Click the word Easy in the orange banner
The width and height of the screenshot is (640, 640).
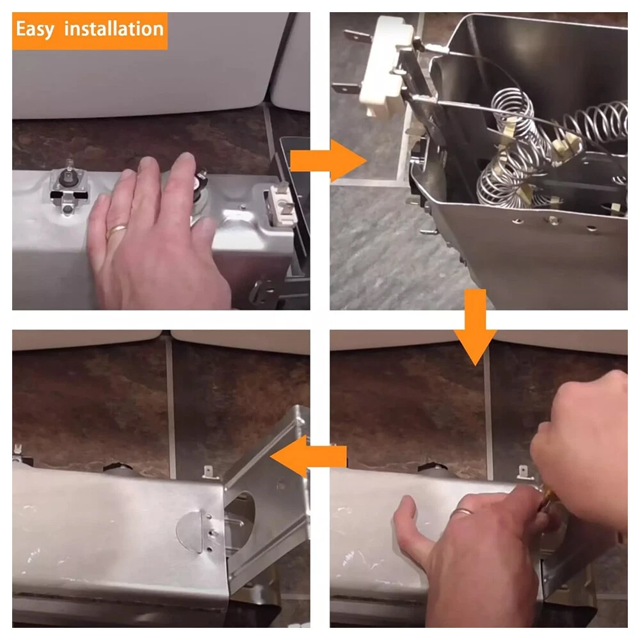tap(35, 30)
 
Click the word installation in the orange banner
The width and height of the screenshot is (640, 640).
tap(114, 29)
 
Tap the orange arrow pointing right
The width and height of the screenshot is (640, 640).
tap(328, 161)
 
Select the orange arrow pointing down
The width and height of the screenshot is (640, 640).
tap(475, 327)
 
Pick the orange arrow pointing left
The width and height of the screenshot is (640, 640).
tap(308, 456)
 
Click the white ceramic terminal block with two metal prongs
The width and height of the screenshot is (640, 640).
tap(383, 65)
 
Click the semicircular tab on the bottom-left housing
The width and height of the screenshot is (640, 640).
tap(190, 531)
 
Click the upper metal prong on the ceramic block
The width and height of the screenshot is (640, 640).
tap(358, 36)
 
